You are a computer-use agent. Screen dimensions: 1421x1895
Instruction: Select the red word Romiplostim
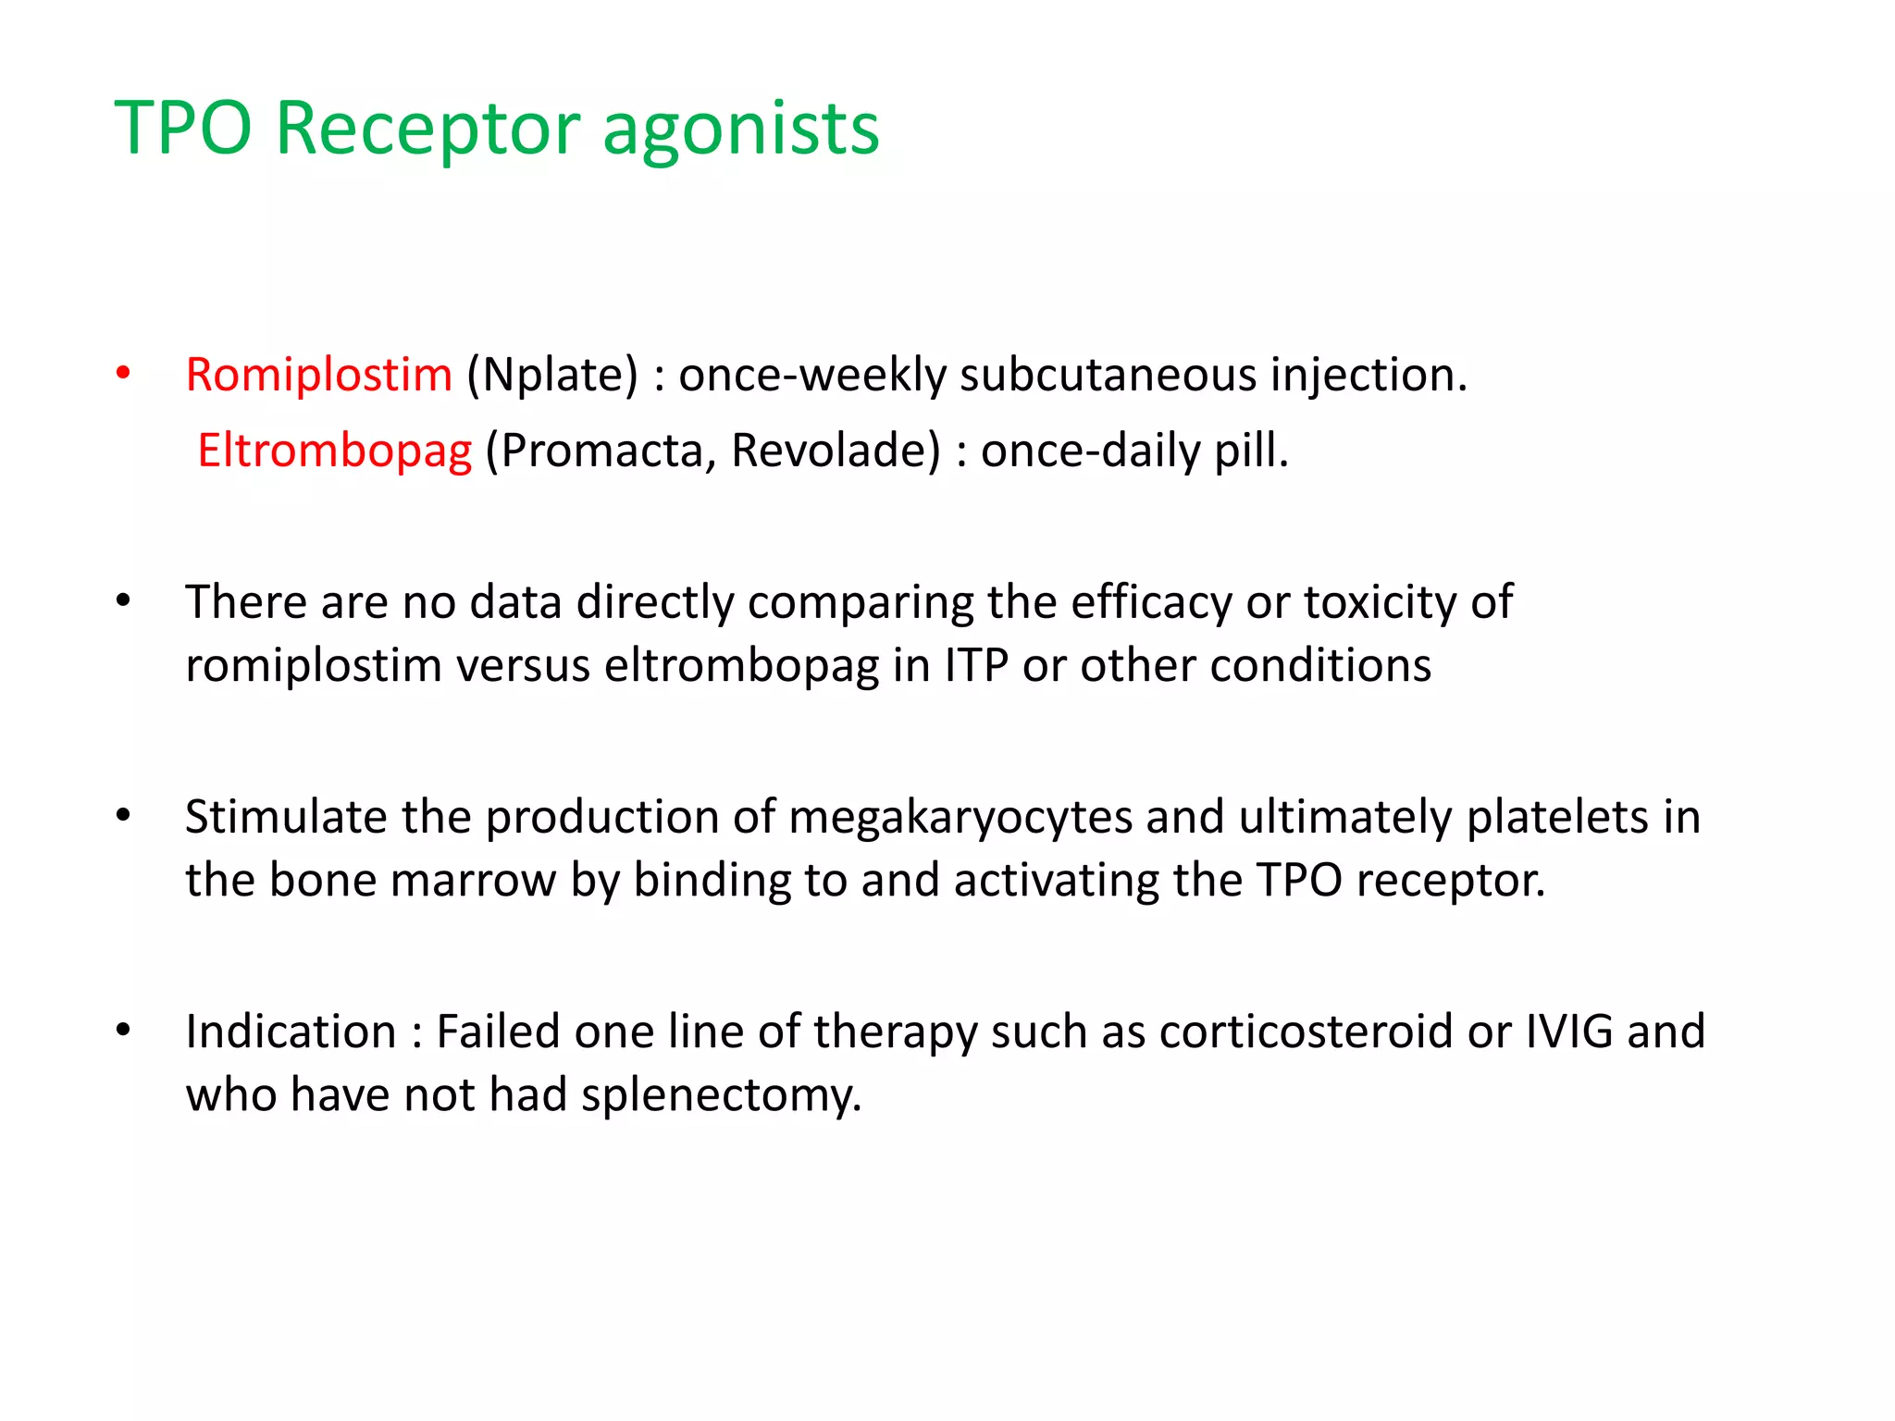pyautogui.click(x=318, y=375)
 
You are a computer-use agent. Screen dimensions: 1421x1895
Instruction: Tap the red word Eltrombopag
pyautogui.click(x=334, y=451)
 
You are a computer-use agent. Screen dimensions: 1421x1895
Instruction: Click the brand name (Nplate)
pyautogui.click(x=552, y=375)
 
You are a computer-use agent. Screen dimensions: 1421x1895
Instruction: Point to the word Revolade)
pyautogui.click(x=836, y=451)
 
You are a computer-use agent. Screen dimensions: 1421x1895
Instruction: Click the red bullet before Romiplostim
pyautogui.click(x=123, y=374)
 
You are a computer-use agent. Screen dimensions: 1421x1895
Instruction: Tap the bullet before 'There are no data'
pyautogui.click(x=123, y=601)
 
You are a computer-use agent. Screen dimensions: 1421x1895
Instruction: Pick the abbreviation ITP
pyautogui.click(x=976, y=665)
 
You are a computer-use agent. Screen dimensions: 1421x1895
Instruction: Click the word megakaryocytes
pyautogui.click(x=960, y=817)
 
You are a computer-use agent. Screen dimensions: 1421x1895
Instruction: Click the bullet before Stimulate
pyautogui.click(x=123, y=816)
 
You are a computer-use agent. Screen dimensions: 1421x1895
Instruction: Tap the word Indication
pyautogui.click(x=291, y=1032)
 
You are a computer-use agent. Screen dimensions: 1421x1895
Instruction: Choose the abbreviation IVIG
pyautogui.click(x=1568, y=1032)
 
